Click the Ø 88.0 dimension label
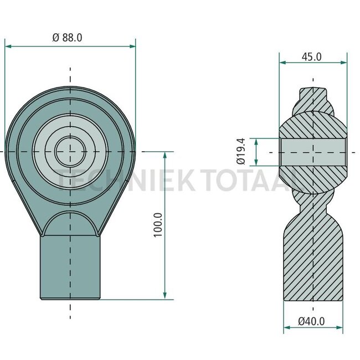click(67, 38)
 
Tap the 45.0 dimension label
click(312, 56)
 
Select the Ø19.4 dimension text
click(241, 151)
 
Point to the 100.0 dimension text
click(158, 225)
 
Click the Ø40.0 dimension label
click(311, 321)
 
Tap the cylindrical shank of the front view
click(70, 268)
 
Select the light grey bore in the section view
click(313, 152)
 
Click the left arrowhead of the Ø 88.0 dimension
click(8, 47)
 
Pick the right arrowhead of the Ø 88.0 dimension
click(132, 47)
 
